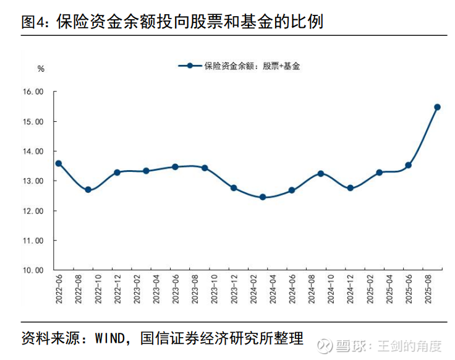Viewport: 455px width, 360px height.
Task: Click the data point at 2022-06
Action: pyautogui.click(x=59, y=163)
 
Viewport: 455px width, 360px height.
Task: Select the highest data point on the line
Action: pyautogui.click(x=437, y=107)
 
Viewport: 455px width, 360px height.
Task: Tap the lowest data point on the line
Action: pyautogui.click(x=263, y=197)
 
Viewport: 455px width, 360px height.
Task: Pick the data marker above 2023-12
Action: pyautogui.click(x=234, y=187)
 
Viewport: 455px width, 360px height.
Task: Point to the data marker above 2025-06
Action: pyautogui.click(x=408, y=165)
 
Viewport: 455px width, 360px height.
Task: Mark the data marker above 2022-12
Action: pyautogui.click(x=117, y=173)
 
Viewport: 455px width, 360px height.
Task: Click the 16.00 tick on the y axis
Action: pyautogui.click(x=33, y=92)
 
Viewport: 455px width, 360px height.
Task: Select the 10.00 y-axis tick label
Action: pyautogui.click(x=33, y=270)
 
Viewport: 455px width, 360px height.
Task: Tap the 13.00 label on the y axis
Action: pyautogui.click(x=33, y=181)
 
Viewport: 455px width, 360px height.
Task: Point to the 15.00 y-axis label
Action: pyautogui.click(x=33, y=122)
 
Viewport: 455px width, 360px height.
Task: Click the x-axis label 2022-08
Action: pyautogui.click(x=79, y=289)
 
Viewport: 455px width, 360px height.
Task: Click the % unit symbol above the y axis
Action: pyautogui.click(x=41, y=69)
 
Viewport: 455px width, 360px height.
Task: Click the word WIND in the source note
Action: pyautogui.click(x=109, y=339)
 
